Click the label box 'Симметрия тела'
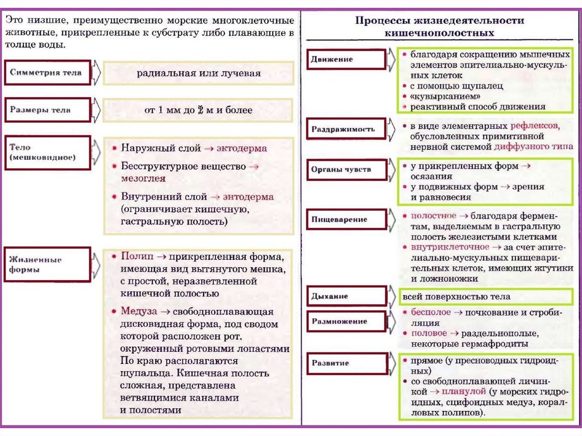pos(47,73)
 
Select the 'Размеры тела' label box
pos(47,110)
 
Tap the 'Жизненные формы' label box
pos(47,264)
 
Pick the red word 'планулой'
pos(465,392)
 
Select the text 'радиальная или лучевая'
pos(198,73)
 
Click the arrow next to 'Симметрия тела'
pos(96,73)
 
